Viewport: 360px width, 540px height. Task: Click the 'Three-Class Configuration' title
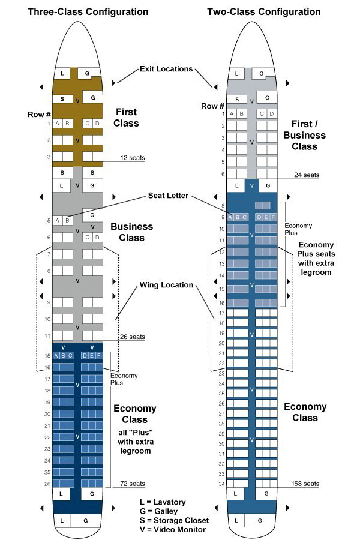[x=88, y=12]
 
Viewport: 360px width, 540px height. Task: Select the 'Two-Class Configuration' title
[x=264, y=12]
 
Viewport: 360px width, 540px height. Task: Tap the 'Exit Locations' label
[x=166, y=69]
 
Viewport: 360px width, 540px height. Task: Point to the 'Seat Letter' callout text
[x=168, y=196]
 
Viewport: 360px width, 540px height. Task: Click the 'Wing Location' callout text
[x=166, y=285]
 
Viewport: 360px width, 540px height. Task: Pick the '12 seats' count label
[x=133, y=158]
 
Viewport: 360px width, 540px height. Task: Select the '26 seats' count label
[x=132, y=337]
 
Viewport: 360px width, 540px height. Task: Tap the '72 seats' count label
[x=132, y=484]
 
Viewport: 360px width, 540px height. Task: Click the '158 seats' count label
[x=305, y=484]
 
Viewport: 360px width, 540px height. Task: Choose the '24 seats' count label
[x=307, y=175]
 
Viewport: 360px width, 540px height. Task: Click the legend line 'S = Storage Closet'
[x=175, y=520]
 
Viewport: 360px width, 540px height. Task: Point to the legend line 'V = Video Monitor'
[x=173, y=530]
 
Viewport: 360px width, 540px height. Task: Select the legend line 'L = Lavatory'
[x=163, y=502]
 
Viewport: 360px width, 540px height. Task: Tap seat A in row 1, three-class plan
[x=58, y=123]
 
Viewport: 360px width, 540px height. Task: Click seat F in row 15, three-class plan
[x=98, y=356]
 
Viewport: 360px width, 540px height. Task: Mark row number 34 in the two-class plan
[x=221, y=484]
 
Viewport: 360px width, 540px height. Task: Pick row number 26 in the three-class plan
[x=47, y=484]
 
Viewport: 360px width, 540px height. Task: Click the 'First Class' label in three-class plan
[x=126, y=118]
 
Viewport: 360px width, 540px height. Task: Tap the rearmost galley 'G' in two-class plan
[x=260, y=521]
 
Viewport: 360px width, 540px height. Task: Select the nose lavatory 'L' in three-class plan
[x=62, y=73]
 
